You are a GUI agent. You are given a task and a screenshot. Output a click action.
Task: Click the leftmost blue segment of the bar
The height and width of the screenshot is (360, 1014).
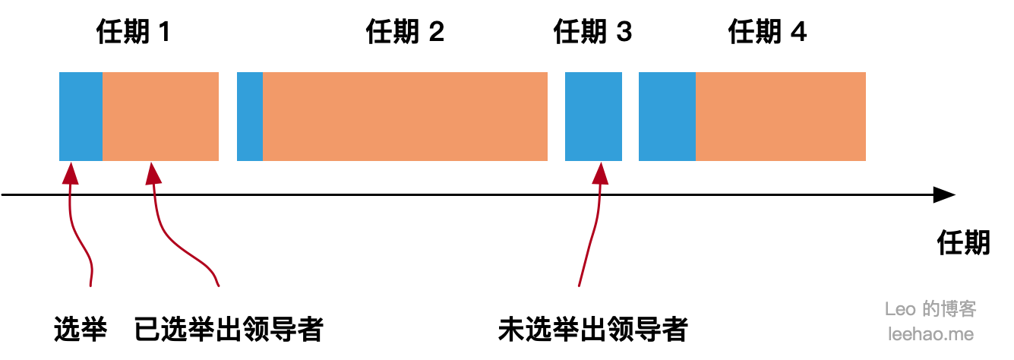(81, 116)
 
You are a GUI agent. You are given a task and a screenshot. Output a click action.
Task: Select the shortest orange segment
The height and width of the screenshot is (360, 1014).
(160, 116)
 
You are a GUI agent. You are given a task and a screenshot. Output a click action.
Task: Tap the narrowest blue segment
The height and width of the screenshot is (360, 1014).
(250, 116)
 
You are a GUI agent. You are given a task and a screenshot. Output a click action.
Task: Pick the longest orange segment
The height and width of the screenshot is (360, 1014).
(405, 116)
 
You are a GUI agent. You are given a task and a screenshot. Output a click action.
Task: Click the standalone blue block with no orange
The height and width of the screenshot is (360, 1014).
(593, 116)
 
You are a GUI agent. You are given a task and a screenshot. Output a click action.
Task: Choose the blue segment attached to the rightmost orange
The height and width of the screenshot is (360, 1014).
(667, 116)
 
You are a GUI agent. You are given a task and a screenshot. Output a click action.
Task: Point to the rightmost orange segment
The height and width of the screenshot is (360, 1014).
(781, 116)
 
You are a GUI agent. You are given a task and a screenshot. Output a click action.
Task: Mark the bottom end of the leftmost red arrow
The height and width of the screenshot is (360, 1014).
(90, 286)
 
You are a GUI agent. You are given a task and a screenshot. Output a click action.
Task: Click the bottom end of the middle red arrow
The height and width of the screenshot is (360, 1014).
(219, 286)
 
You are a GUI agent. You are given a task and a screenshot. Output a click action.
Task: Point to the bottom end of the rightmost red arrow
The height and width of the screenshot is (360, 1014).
(579, 286)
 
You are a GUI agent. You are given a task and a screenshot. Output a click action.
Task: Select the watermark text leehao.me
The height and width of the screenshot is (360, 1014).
(930, 333)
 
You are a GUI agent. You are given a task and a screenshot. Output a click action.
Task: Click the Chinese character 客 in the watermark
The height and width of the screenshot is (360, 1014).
(968, 309)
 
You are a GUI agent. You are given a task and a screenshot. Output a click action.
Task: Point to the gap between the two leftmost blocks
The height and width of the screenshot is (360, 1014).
(228, 116)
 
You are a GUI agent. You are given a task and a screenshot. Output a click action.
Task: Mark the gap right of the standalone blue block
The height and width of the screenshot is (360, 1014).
(630, 116)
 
